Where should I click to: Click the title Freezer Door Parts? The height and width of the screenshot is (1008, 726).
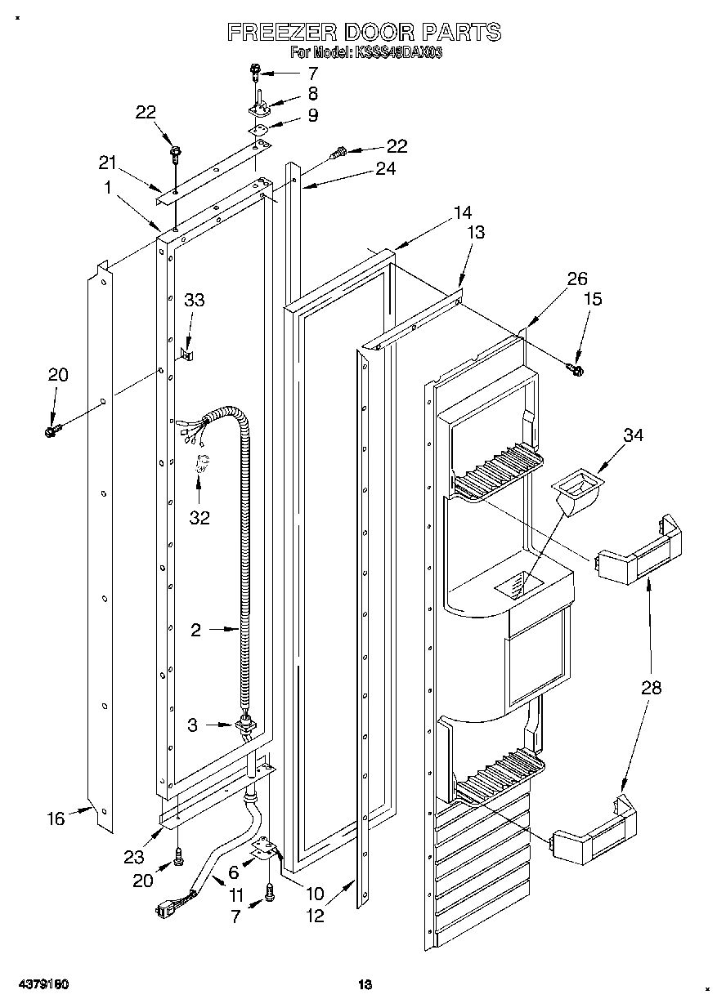coord(363,33)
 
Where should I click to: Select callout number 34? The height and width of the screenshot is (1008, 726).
coord(632,435)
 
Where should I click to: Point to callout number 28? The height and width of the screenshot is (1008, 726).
coord(651,688)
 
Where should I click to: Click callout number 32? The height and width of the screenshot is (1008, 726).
coord(199,517)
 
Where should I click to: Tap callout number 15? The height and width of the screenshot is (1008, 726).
coord(591,299)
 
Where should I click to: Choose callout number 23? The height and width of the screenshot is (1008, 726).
coord(133,857)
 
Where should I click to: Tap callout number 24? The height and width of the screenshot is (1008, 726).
coord(385,169)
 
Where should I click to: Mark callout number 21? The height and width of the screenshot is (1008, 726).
coord(108,163)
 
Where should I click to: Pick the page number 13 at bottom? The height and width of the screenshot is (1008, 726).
coord(365,985)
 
